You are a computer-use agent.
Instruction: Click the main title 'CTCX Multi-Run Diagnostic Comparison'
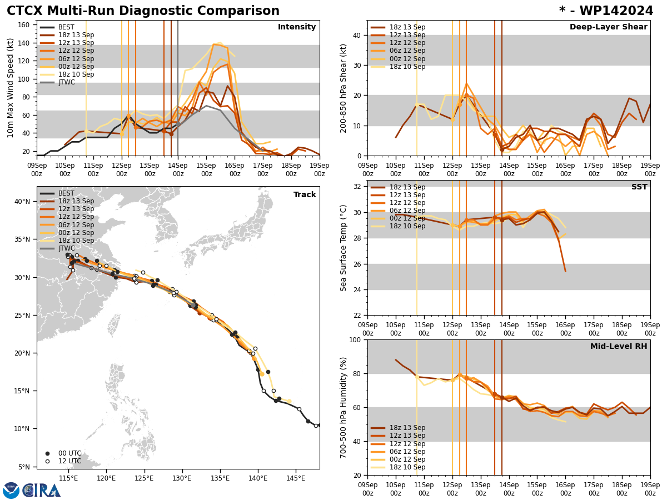143,11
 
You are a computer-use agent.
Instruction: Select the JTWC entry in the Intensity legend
66,82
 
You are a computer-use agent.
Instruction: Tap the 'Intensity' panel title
297,27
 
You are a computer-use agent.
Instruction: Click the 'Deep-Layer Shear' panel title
608,27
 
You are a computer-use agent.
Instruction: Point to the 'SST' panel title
639,187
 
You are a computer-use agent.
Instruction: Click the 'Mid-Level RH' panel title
619,347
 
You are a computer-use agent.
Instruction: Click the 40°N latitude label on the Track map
22,202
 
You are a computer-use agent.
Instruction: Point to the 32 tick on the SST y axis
356,187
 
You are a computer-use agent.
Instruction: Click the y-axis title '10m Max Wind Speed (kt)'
11,88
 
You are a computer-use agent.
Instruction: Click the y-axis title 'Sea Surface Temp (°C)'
344,248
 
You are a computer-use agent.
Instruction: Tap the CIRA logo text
42,491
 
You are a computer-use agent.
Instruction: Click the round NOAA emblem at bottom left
11,491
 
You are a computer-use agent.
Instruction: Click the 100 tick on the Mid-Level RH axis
354,339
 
